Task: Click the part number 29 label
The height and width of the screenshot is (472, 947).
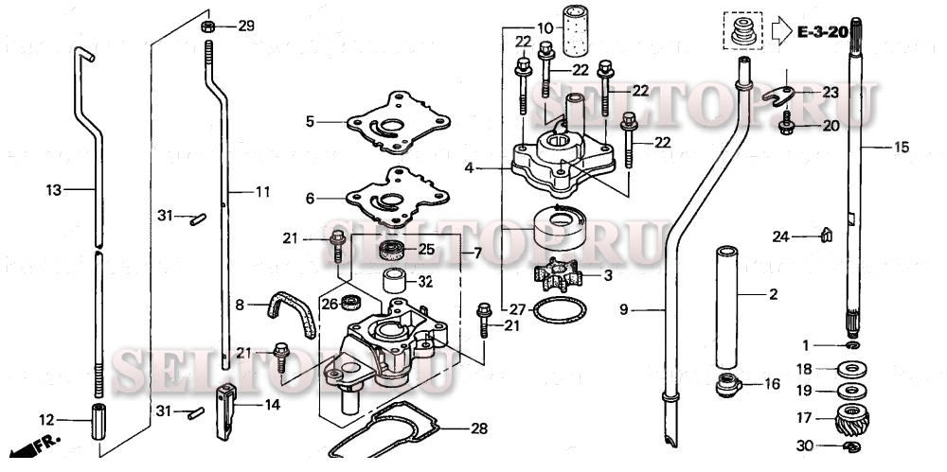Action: (246, 26)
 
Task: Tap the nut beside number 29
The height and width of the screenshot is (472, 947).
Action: (207, 26)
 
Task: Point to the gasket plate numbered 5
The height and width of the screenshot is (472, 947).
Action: (390, 122)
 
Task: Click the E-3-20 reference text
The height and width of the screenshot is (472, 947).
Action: (821, 32)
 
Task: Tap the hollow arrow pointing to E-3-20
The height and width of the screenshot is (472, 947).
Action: (781, 31)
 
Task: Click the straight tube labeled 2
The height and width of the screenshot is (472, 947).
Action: (727, 307)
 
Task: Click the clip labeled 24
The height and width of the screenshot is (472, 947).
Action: (824, 234)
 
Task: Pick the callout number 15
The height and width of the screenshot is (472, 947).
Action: (901, 147)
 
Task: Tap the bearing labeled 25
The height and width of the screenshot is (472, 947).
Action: (391, 251)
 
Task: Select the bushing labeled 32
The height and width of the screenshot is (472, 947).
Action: (394, 281)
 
